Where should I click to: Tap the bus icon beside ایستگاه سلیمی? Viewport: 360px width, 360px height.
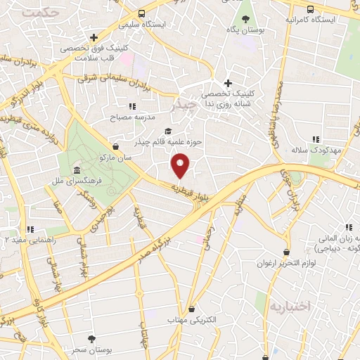coord(142,13)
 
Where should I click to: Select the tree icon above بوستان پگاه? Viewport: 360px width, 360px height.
coord(245,18)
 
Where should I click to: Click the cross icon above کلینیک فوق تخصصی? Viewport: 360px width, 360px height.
coord(94,37)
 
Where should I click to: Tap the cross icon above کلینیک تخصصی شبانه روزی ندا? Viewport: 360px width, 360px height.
coord(228,83)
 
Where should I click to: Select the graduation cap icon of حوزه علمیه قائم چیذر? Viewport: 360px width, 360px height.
coord(167,131)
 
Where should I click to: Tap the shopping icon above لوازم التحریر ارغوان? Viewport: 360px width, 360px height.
coord(286,252)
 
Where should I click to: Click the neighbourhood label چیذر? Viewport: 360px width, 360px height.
coord(186,106)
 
